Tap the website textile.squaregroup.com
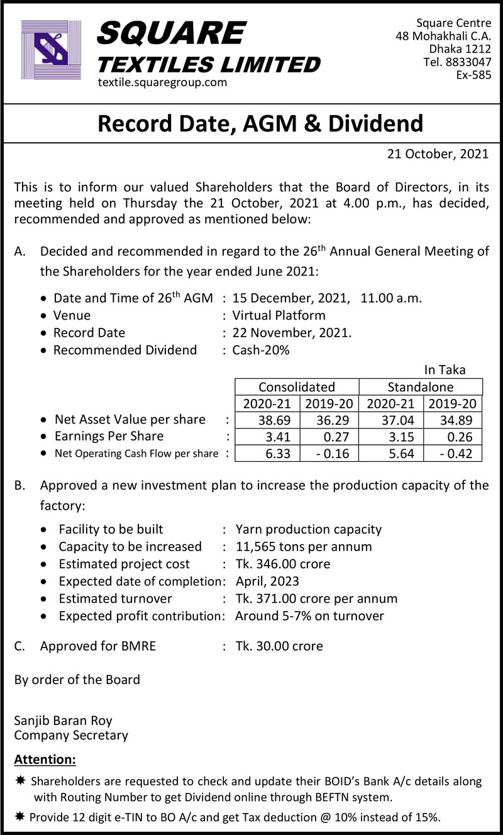(x=162, y=82)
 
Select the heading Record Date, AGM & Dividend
(x=260, y=123)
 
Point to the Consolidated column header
(x=297, y=386)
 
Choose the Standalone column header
(x=420, y=386)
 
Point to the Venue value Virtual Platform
(x=279, y=315)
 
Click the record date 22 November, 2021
(x=292, y=332)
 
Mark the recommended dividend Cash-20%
(x=261, y=350)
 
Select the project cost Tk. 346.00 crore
(x=282, y=564)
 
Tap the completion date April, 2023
(x=267, y=581)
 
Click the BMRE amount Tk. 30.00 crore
(x=279, y=646)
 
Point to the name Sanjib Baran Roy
(x=63, y=720)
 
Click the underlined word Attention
(x=45, y=759)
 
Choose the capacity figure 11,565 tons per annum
(x=303, y=546)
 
